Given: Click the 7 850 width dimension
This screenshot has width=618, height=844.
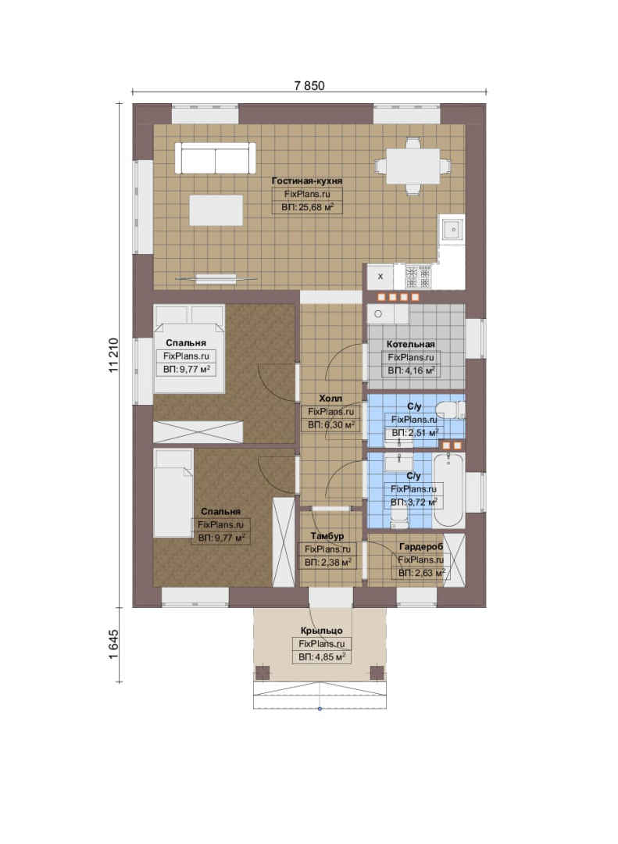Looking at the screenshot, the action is tap(309, 86).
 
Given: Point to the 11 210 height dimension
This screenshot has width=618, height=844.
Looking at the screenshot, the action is tap(113, 356).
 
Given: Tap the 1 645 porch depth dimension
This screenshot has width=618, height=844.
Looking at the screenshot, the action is tap(113, 645).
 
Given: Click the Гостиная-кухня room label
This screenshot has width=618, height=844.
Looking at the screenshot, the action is tap(307, 181).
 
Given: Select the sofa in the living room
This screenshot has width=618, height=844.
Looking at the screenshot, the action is tap(216, 158).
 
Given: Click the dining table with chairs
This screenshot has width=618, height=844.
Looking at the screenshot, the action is tap(413, 166).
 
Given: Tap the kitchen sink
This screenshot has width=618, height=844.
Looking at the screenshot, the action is tap(452, 229).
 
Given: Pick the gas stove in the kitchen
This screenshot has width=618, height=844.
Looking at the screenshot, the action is tap(418, 277).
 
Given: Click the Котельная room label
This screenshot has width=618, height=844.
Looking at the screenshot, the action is tap(411, 344).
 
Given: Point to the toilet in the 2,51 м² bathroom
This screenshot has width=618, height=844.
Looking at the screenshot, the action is tap(450, 409).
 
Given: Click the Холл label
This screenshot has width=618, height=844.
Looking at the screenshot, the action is tap(330, 399).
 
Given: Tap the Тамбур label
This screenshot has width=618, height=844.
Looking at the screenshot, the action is tap(327, 536).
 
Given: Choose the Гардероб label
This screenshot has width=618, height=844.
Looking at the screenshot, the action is tap(421, 546).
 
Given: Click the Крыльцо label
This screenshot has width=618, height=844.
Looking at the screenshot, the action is tap(321, 631).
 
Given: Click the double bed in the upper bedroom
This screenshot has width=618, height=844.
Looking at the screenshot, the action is tap(189, 349).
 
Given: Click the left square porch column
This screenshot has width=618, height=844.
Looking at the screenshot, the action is tap(263, 672).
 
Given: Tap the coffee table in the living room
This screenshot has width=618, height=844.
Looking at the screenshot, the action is tap(216, 210).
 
